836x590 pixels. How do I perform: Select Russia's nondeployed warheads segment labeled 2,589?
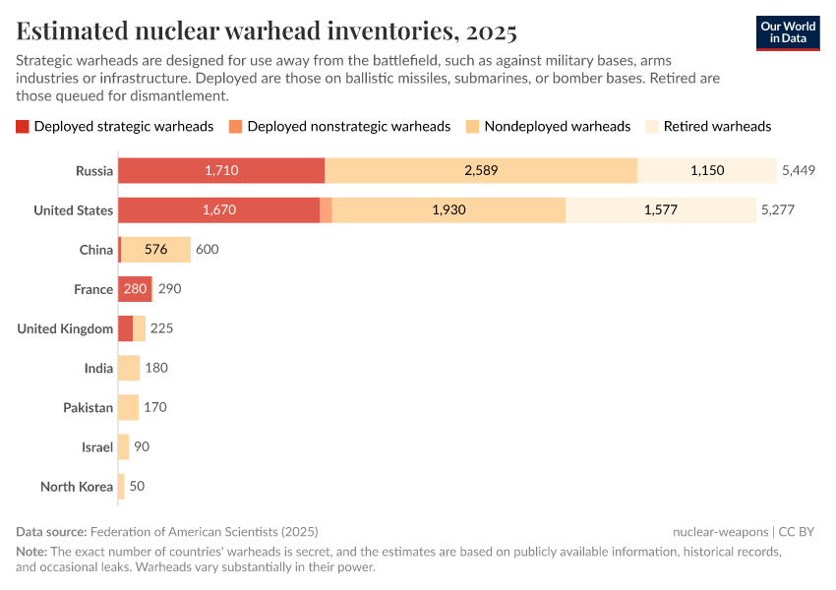[x=481, y=170]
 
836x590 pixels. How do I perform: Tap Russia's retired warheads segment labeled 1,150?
[x=706, y=170]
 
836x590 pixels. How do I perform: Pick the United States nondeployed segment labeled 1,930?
[x=448, y=209]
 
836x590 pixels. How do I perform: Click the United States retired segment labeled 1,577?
[x=661, y=209]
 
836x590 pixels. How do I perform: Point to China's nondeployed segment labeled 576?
[x=155, y=250]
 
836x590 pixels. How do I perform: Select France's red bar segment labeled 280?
[x=135, y=289]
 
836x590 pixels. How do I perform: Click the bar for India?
[x=129, y=368]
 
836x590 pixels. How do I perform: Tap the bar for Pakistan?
[x=128, y=407]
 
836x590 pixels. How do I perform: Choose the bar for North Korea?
[x=121, y=486]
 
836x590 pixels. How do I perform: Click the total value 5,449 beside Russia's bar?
[x=800, y=170]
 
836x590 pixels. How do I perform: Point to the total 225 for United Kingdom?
[x=161, y=328]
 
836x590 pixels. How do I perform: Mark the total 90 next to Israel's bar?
[x=142, y=446]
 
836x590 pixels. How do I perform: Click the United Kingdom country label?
[x=65, y=328]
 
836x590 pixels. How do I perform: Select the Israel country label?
[x=97, y=446]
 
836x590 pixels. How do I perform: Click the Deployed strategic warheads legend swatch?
[x=23, y=126]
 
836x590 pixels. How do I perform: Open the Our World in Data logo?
[x=788, y=31]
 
